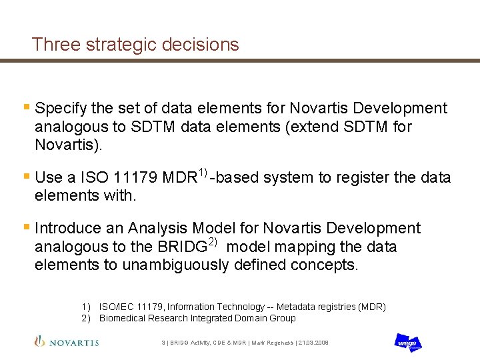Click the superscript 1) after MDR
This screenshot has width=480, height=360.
[203, 173]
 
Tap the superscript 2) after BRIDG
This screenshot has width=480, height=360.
[212, 241]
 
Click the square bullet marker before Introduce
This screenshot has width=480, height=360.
[26, 228]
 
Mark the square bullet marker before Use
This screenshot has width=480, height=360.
[26, 177]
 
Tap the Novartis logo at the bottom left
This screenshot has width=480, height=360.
[67, 342]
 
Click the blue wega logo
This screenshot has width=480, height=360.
[407, 342]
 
